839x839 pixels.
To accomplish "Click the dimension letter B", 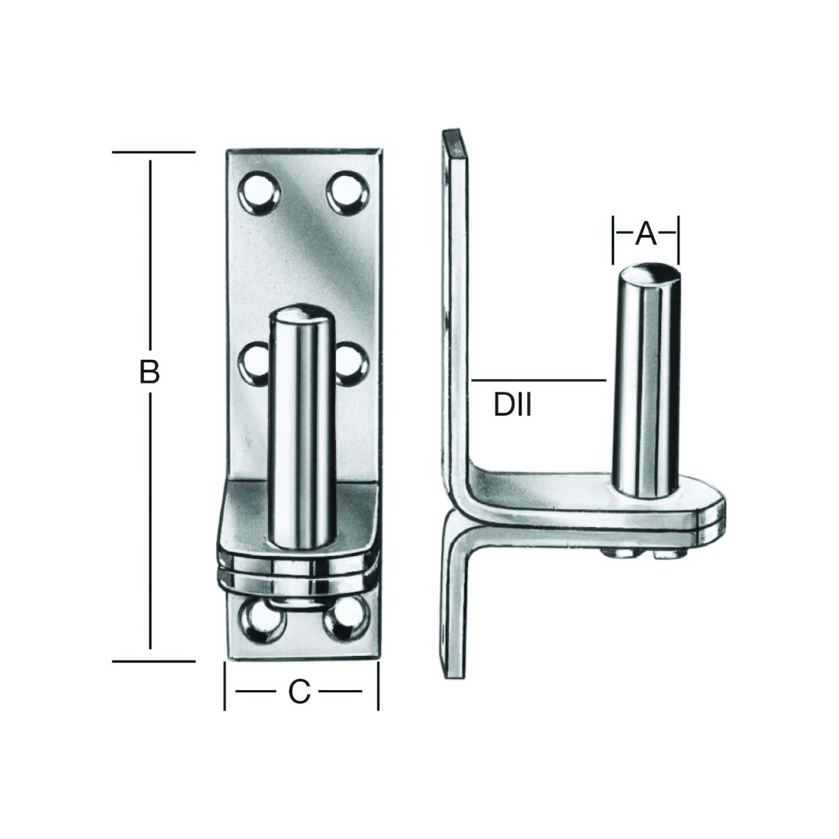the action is coord(149,372).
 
